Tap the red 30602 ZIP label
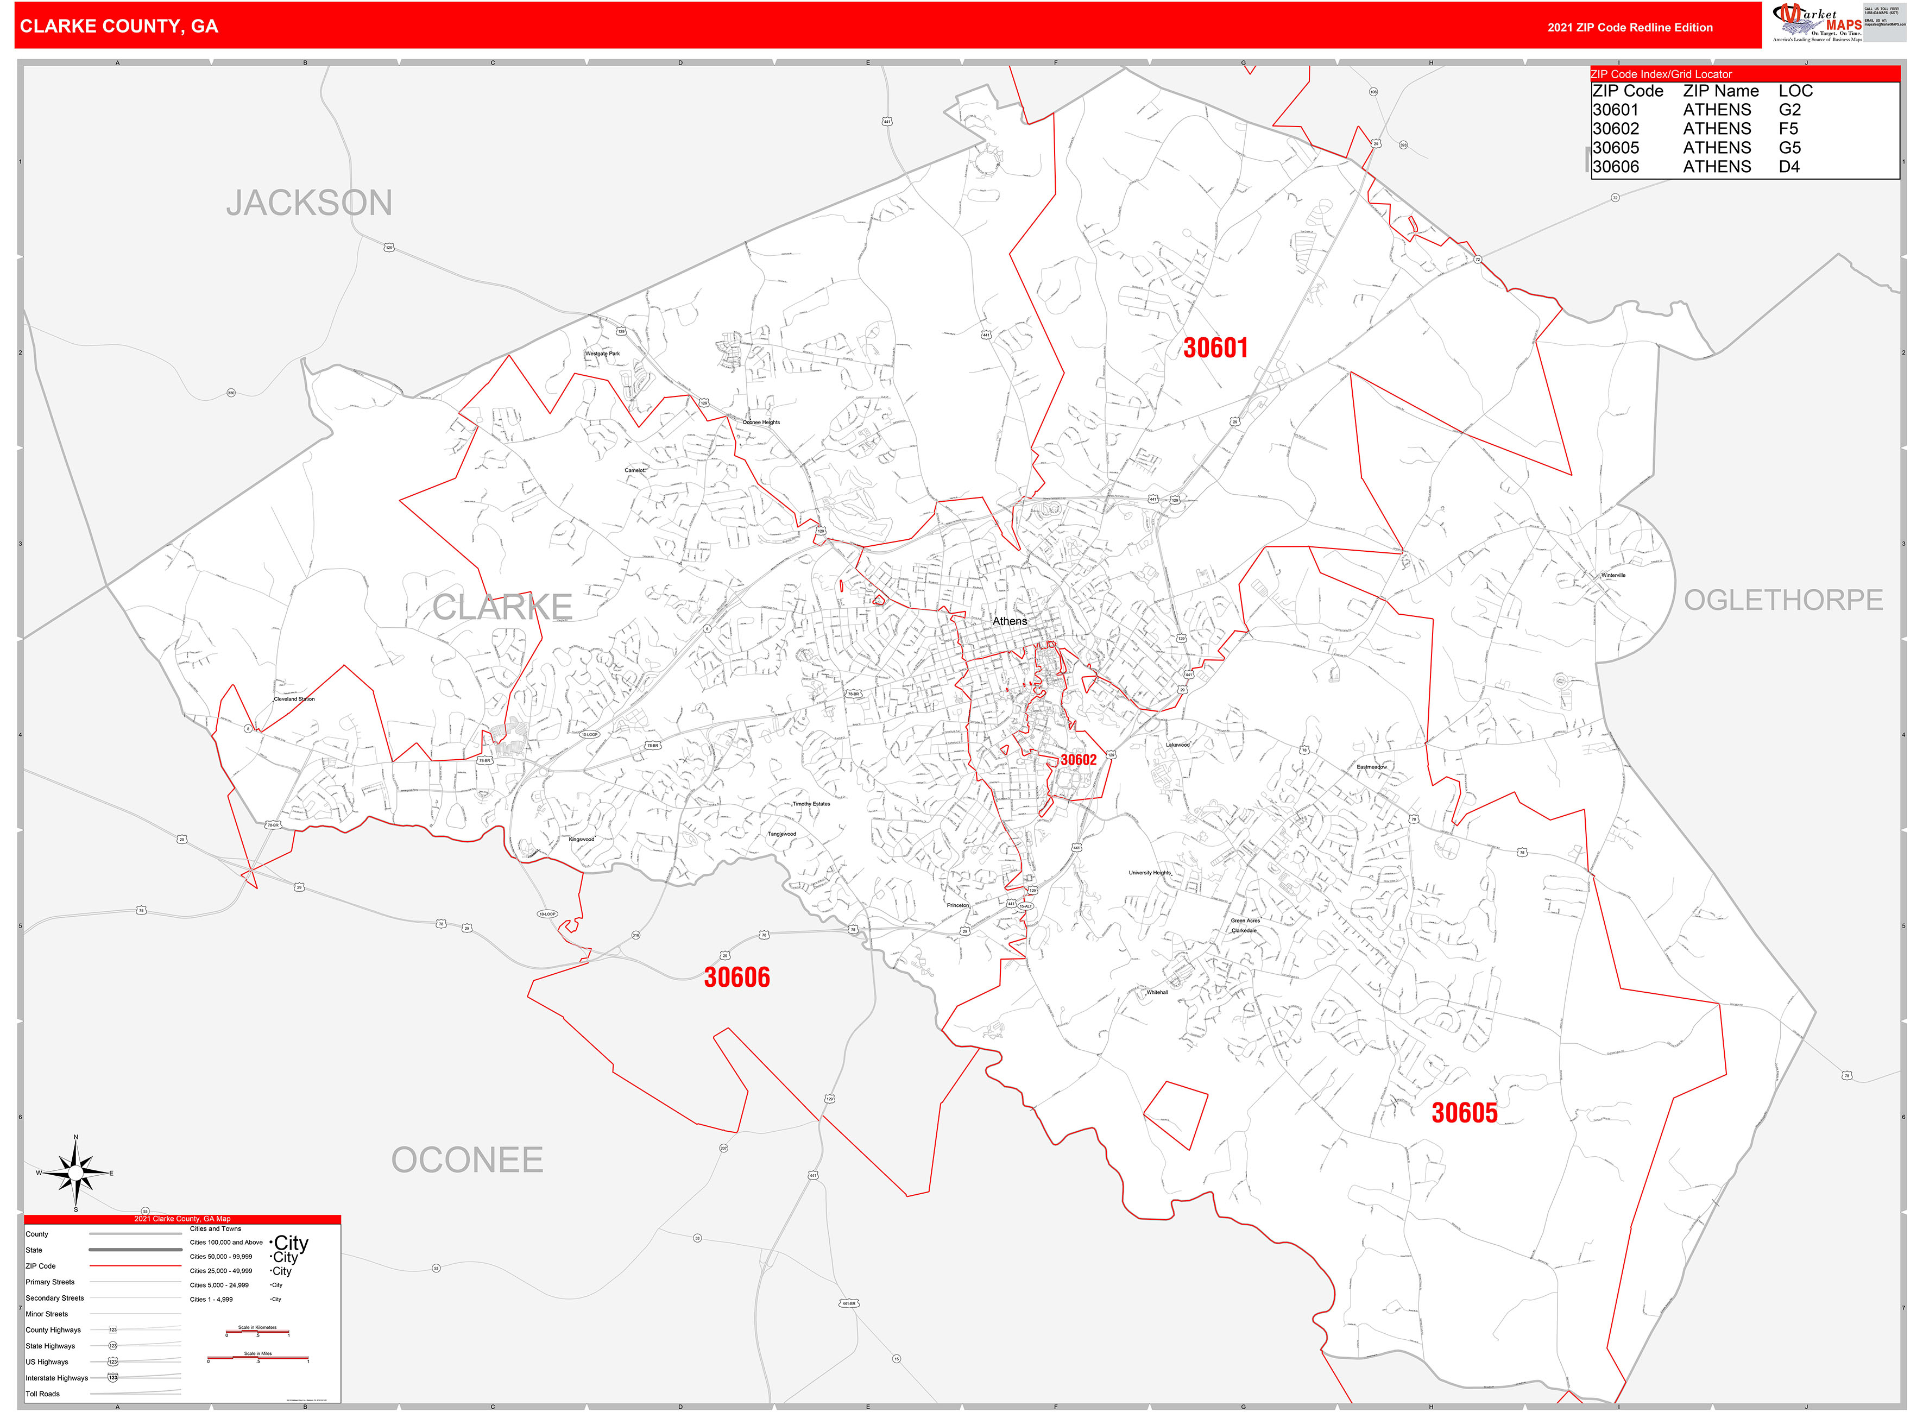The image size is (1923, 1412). [x=1078, y=760]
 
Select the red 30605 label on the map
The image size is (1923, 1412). [x=1464, y=1113]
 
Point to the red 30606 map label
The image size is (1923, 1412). [x=737, y=977]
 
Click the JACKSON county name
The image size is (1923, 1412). [x=310, y=204]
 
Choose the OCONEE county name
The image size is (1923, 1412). [x=466, y=1161]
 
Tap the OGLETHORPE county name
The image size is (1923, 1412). [x=1783, y=600]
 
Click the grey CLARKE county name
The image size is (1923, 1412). [x=502, y=608]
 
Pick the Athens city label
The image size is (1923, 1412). [x=1010, y=621]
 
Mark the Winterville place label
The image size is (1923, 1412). [x=1613, y=575]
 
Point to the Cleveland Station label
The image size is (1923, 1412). [x=294, y=699]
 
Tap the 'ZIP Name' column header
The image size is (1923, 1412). [x=1720, y=91]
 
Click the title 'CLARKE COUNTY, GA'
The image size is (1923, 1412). [x=119, y=27]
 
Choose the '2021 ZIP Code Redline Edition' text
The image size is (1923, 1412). [x=1630, y=27]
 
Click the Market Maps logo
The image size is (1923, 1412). [x=1818, y=22]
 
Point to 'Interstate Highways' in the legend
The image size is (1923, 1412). [x=56, y=1378]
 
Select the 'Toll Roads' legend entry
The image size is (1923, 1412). [x=43, y=1394]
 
